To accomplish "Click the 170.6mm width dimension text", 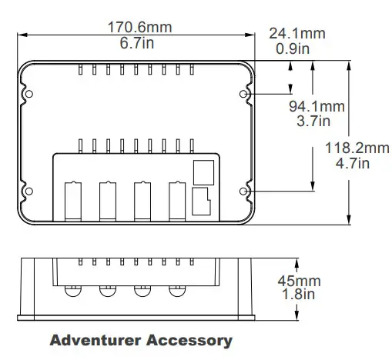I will point(139,28).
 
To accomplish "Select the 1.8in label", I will point(297,295).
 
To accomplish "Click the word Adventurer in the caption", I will point(94,339).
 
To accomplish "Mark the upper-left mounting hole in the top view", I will point(28,95).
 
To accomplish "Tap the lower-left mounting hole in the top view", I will point(28,191).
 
